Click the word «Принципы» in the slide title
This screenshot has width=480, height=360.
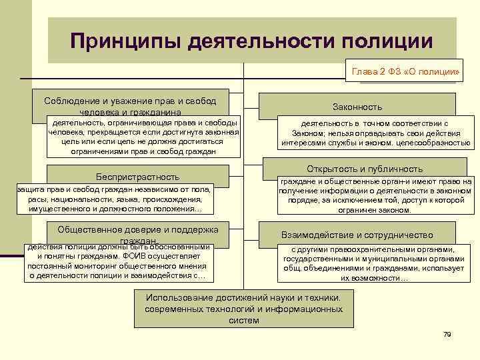tap(124, 41)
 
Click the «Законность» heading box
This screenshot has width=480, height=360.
tap(357, 107)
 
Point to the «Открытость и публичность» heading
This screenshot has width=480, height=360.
tap(365, 169)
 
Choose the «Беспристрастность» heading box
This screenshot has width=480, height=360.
tap(138, 177)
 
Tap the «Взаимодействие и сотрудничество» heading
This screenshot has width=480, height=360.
tap(357, 235)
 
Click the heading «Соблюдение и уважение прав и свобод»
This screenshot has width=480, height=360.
tap(130, 101)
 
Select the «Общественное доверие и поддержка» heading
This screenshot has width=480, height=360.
tap(138, 229)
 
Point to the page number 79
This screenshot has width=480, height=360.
tap(447, 334)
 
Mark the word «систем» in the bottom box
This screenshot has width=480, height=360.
tap(244, 320)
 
